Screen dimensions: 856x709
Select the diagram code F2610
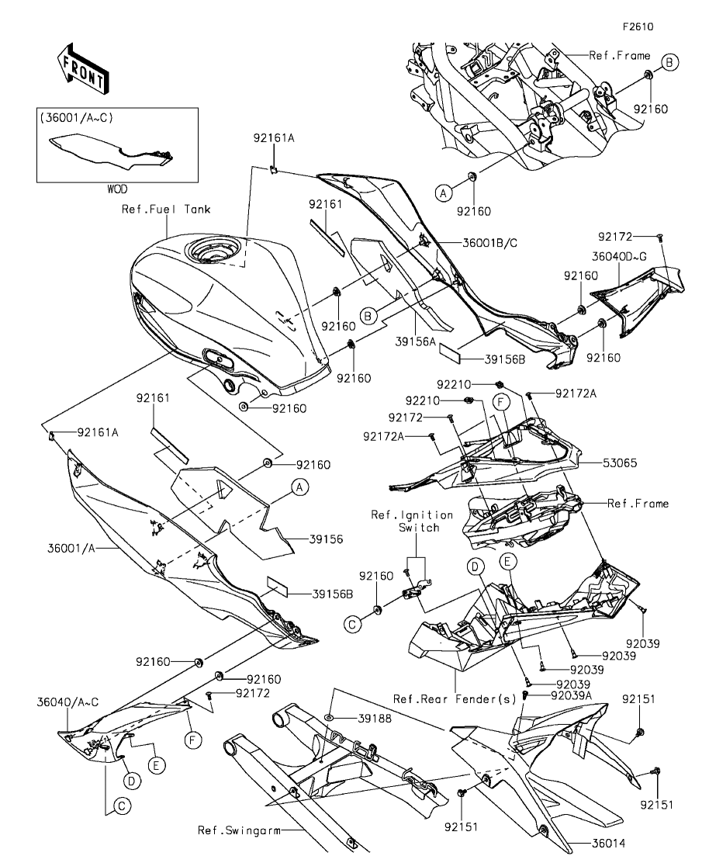pyautogui.click(x=638, y=26)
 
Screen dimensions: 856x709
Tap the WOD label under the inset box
pyautogui.click(x=117, y=189)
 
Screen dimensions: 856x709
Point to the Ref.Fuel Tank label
pyautogui.click(x=165, y=209)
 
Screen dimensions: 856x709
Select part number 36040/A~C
pyautogui.click(x=67, y=702)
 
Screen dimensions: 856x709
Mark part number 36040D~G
pyautogui.click(x=621, y=253)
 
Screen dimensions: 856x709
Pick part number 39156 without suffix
pyautogui.click(x=304, y=538)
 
